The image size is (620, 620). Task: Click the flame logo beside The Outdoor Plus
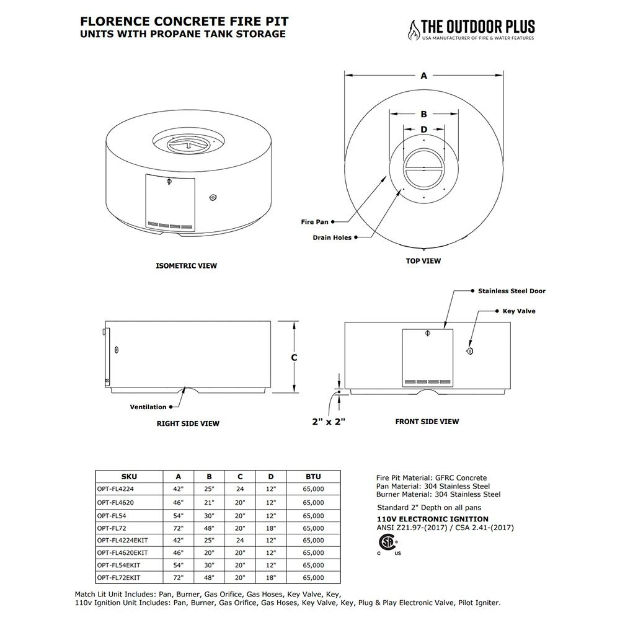click(x=412, y=30)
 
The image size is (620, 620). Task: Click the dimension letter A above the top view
click(x=424, y=76)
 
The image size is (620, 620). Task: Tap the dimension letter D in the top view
click(x=424, y=130)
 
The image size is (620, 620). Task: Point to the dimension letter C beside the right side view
click(x=294, y=358)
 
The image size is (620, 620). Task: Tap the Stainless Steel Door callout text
click(x=511, y=291)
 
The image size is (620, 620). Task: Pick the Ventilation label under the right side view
click(x=148, y=407)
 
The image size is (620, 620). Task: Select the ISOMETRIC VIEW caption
click(x=186, y=266)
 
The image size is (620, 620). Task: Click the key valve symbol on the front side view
click(x=469, y=352)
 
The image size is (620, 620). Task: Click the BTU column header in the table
click(x=314, y=477)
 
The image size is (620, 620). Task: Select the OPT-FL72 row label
click(x=112, y=528)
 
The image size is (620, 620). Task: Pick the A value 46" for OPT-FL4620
click(x=179, y=502)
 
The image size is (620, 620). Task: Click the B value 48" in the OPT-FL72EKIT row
click(x=210, y=578)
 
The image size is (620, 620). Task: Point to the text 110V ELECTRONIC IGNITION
click(x=433, y=519)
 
